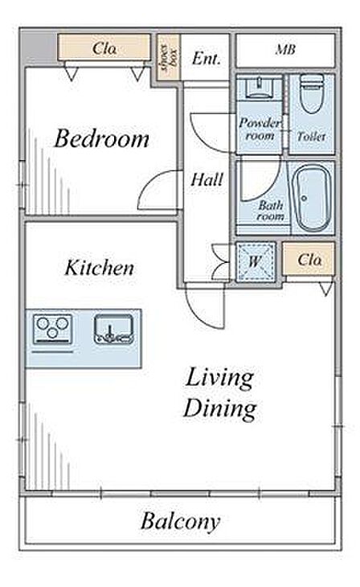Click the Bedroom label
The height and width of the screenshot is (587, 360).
tap(102, 138)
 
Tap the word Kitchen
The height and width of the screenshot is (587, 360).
tap(99, 268)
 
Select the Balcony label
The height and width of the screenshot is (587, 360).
tap(180, 521)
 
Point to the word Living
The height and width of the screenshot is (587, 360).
tap(220, 378)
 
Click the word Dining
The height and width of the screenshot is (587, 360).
tap(220, 408)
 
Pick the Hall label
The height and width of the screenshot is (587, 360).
tap(207, 179)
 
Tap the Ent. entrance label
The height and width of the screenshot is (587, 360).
tap(207, 59)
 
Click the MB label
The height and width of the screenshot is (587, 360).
tap(285, 49)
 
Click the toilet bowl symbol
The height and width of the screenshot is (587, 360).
tap(312, 93)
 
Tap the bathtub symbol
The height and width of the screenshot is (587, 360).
tap(311, 198)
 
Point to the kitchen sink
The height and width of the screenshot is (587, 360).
tap(114, 329)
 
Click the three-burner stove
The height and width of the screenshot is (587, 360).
tap(52, 329)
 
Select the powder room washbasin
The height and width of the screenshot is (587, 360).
tap(259, 88)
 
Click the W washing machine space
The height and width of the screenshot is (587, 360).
tap(256, 261)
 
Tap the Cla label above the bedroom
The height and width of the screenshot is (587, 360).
tap(104, 48)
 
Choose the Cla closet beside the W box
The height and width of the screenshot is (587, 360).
tap(309, 260)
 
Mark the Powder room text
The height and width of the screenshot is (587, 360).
tap(260, 129)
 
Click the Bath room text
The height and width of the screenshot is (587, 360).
tap(270, 211)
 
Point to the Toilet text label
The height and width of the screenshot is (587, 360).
tap(311, 136)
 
